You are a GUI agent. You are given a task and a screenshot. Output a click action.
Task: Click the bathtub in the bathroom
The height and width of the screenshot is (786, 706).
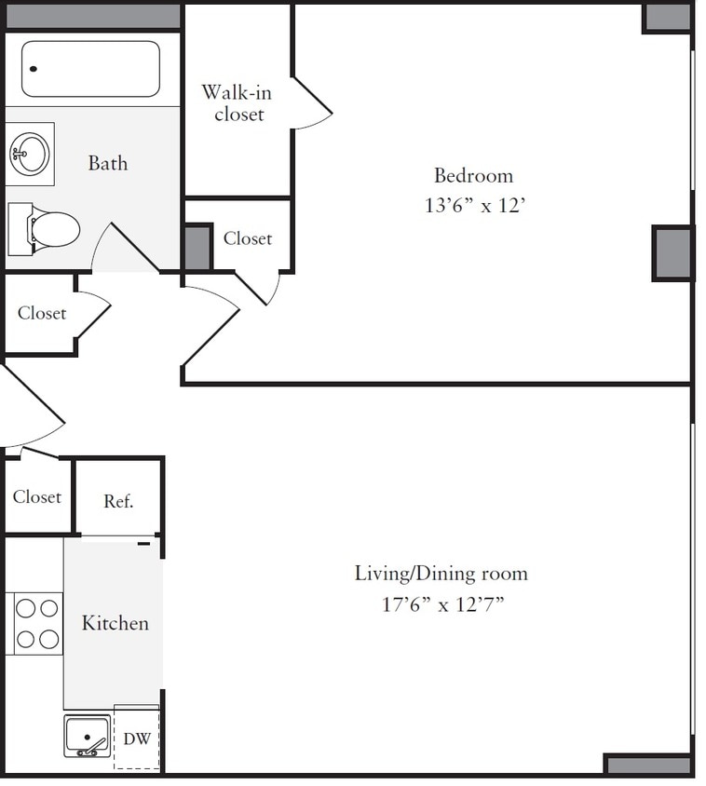(x=90, y=69)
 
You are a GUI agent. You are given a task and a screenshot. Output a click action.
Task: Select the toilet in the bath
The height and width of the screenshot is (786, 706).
(x=47, y=228)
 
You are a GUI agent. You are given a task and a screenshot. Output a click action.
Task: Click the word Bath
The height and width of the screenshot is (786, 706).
(x=108, y=164)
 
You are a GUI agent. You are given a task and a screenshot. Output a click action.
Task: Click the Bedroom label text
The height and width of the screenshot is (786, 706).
(x=473, y=175)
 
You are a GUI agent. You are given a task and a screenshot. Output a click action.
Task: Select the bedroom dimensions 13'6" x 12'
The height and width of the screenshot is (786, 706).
(x=476, y=206)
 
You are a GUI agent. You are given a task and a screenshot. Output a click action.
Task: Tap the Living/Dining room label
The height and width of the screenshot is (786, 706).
(x=441, y=573)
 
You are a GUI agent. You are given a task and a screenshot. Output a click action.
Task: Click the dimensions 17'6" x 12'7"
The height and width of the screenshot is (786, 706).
(x=442, y=604)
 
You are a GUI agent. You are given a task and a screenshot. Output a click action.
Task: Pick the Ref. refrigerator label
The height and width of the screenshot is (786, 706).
(x=118, y=501)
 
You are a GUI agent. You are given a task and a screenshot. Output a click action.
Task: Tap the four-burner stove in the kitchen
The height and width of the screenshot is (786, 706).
(x=37, y=623)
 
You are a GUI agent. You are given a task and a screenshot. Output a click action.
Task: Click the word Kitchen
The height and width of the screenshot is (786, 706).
(x=115, y=623)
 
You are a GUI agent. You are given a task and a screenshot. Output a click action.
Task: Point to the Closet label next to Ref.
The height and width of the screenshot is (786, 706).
(x=37, y=497)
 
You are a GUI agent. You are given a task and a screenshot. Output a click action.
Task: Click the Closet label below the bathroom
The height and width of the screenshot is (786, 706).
(x=42, y=313)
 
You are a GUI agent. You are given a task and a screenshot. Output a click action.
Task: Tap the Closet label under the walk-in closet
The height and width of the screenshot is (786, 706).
(x=248, y=238)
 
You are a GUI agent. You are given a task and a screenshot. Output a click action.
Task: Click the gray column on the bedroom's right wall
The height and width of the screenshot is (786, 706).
(x=672, y=253)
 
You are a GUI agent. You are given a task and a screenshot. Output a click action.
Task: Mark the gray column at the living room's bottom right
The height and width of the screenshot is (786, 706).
(x=647, y=765)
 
